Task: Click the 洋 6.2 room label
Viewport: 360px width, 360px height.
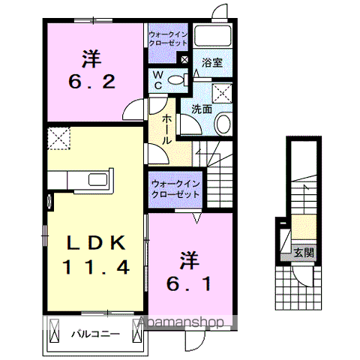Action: point(92,69)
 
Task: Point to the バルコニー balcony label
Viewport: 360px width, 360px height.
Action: point(96,334)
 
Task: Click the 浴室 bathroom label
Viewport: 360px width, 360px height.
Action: point(211,64)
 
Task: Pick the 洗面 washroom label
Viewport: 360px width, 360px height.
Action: point(201,109)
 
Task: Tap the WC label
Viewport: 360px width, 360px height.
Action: point(159,80)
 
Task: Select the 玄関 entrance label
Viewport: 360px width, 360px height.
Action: point(303,252)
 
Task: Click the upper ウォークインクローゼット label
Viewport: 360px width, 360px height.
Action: point(169,38)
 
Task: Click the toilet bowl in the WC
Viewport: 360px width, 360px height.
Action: point(177,80)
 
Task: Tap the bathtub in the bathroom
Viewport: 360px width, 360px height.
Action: point(212,38)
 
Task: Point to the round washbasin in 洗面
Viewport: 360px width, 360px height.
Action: point(224,123)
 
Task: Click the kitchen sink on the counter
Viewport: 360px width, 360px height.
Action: point(97,180)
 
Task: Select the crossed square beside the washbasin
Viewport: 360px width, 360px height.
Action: point(223,93)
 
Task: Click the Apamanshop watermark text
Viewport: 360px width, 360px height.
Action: point(180,323)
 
